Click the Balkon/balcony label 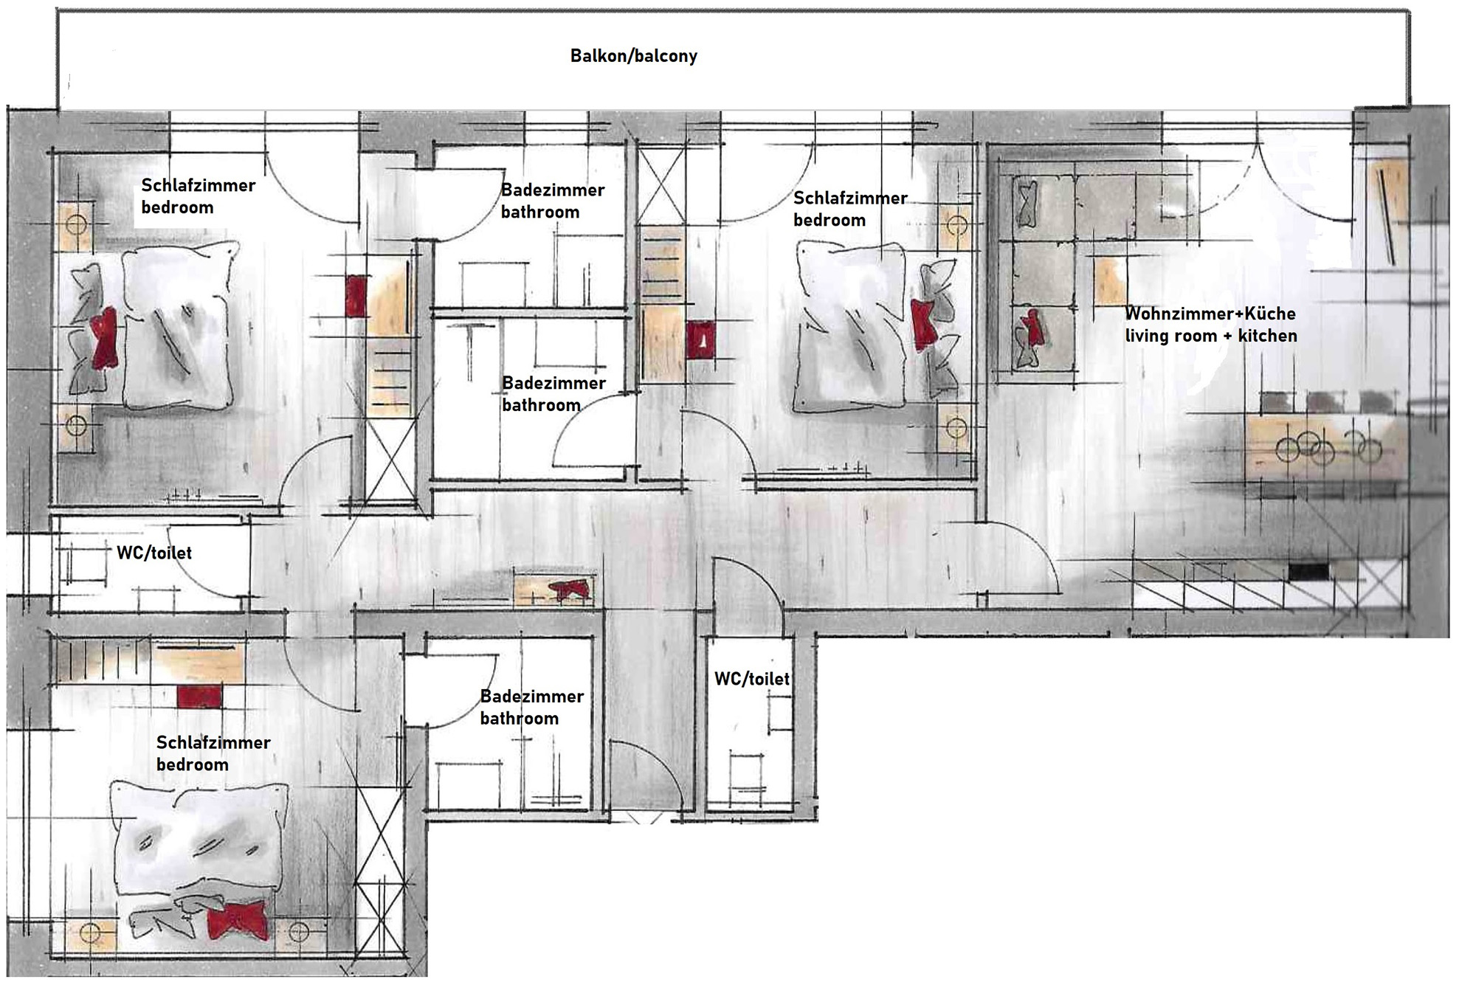click(x=633, y=56)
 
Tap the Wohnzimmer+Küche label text click(x=1210, y=314)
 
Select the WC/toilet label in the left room click(x=154, y=553)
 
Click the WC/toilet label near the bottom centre click(x=752, y=679)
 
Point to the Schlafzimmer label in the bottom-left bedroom click(x=213, y=742)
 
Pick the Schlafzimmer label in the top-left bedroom click(x=198, y=185)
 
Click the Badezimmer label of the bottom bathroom click(x=532, y=696)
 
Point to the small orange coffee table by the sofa click(x=1110, y=281)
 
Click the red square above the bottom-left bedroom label click(x=199, y=697)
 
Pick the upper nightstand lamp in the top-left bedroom click(x=77, y=224)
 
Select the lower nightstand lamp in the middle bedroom click(x=956, y=427)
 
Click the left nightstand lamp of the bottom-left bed click(x=90, y=933)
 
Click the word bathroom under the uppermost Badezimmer click(x=540, y=213)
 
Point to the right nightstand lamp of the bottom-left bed click(x=298, y=933)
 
